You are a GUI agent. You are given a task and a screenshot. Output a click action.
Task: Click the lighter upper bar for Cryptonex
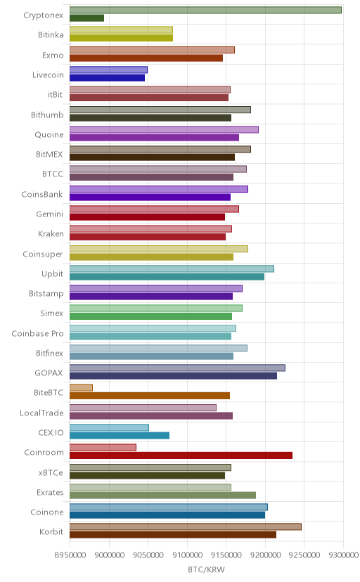pyautogui.click(x=205, y=10)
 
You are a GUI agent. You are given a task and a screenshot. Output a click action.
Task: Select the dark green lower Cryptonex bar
pyautogui.click(x=87, y=18)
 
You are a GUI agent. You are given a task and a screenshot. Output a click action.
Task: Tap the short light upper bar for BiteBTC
pyautogui.click(x=82, y=387)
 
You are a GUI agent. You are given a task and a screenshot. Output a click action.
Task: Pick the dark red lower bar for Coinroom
pyautogui.click(x=181, y=455)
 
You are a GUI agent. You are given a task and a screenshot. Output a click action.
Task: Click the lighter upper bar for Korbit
pyautogui.click(x=186, y=526)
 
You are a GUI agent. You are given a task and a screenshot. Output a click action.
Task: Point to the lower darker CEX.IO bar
pyautogui.click(x=120, y=435)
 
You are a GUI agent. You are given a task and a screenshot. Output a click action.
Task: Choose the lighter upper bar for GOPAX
pyautogui.click(x=177, y=368)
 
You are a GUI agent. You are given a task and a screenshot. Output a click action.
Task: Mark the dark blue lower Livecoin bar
pyautogui.click(x=108, y=77)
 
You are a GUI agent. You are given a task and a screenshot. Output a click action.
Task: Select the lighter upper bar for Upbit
pyautogui.click(x=172, y=269)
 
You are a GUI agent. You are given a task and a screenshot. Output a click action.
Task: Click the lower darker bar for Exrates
pyautogui.click(x=163, y=495)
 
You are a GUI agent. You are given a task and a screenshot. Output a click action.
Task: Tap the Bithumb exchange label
pyautogui.click(x=48, y=115)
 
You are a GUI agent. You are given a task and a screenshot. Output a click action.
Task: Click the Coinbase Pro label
pyautogui.click(x=38, y=333)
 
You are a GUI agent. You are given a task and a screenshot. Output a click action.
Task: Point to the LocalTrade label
pyautogui.click(x=41, y=413)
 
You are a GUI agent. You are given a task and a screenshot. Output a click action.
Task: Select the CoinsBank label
pyautogui.click(x=42, y=194)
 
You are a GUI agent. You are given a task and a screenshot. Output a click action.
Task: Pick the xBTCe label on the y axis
pyautogui.click(x=51, y=472)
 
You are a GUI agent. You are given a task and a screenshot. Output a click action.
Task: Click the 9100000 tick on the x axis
pyautogui.click(x=187, y=555)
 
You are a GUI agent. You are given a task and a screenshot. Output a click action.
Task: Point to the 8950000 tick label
pyautogui.click(x=70, y=555)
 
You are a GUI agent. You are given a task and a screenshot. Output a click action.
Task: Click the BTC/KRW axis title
pyautogui.click(x=206, y=569)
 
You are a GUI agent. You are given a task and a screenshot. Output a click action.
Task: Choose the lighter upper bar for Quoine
pyautogui.click(x=164, y=129)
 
